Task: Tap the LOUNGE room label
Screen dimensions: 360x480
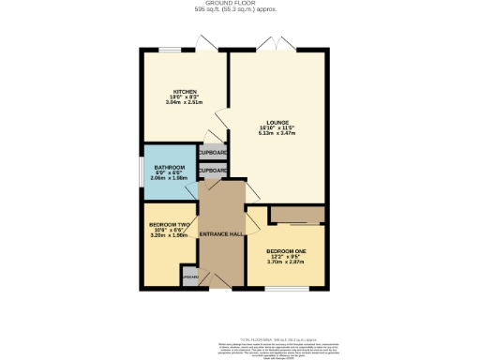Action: (x=277, y=122)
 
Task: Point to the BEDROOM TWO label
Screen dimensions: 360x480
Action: (x=170, y=224)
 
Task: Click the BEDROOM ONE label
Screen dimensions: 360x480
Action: (x=286, y=250)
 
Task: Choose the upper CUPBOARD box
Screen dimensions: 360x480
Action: (x=213, y=152)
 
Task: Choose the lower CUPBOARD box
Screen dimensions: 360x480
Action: (x=213, y=171)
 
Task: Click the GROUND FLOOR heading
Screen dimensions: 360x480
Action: (x=240, y=4)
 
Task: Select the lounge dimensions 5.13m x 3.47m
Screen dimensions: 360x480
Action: (x=277, y=134)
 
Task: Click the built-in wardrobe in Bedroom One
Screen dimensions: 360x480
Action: (x=296, y=215)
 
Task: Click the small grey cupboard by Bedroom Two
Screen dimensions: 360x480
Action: (x=190, y=277)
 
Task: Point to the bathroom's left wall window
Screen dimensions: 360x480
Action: (x=142, y=172)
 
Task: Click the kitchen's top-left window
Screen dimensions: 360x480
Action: (x=170, y=49)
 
